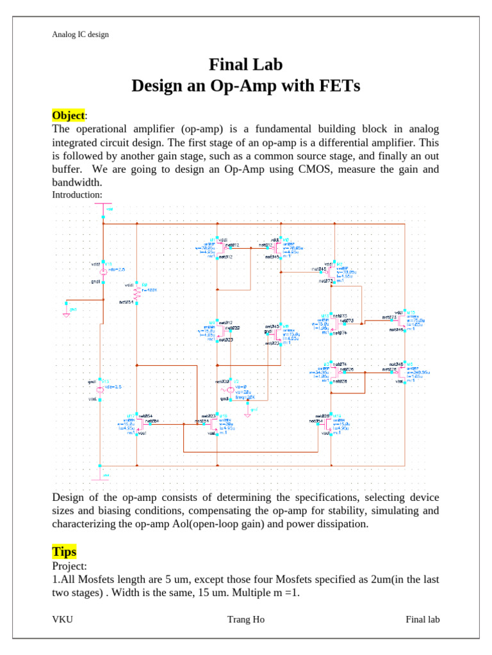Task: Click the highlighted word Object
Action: (68, 116)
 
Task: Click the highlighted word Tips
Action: (64, 551)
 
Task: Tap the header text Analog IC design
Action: (80, 34)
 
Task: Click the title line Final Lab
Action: (245, 65)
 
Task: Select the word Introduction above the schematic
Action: (77, 194)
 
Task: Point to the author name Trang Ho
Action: (245, 619)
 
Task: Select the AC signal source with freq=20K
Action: (225, 390)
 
